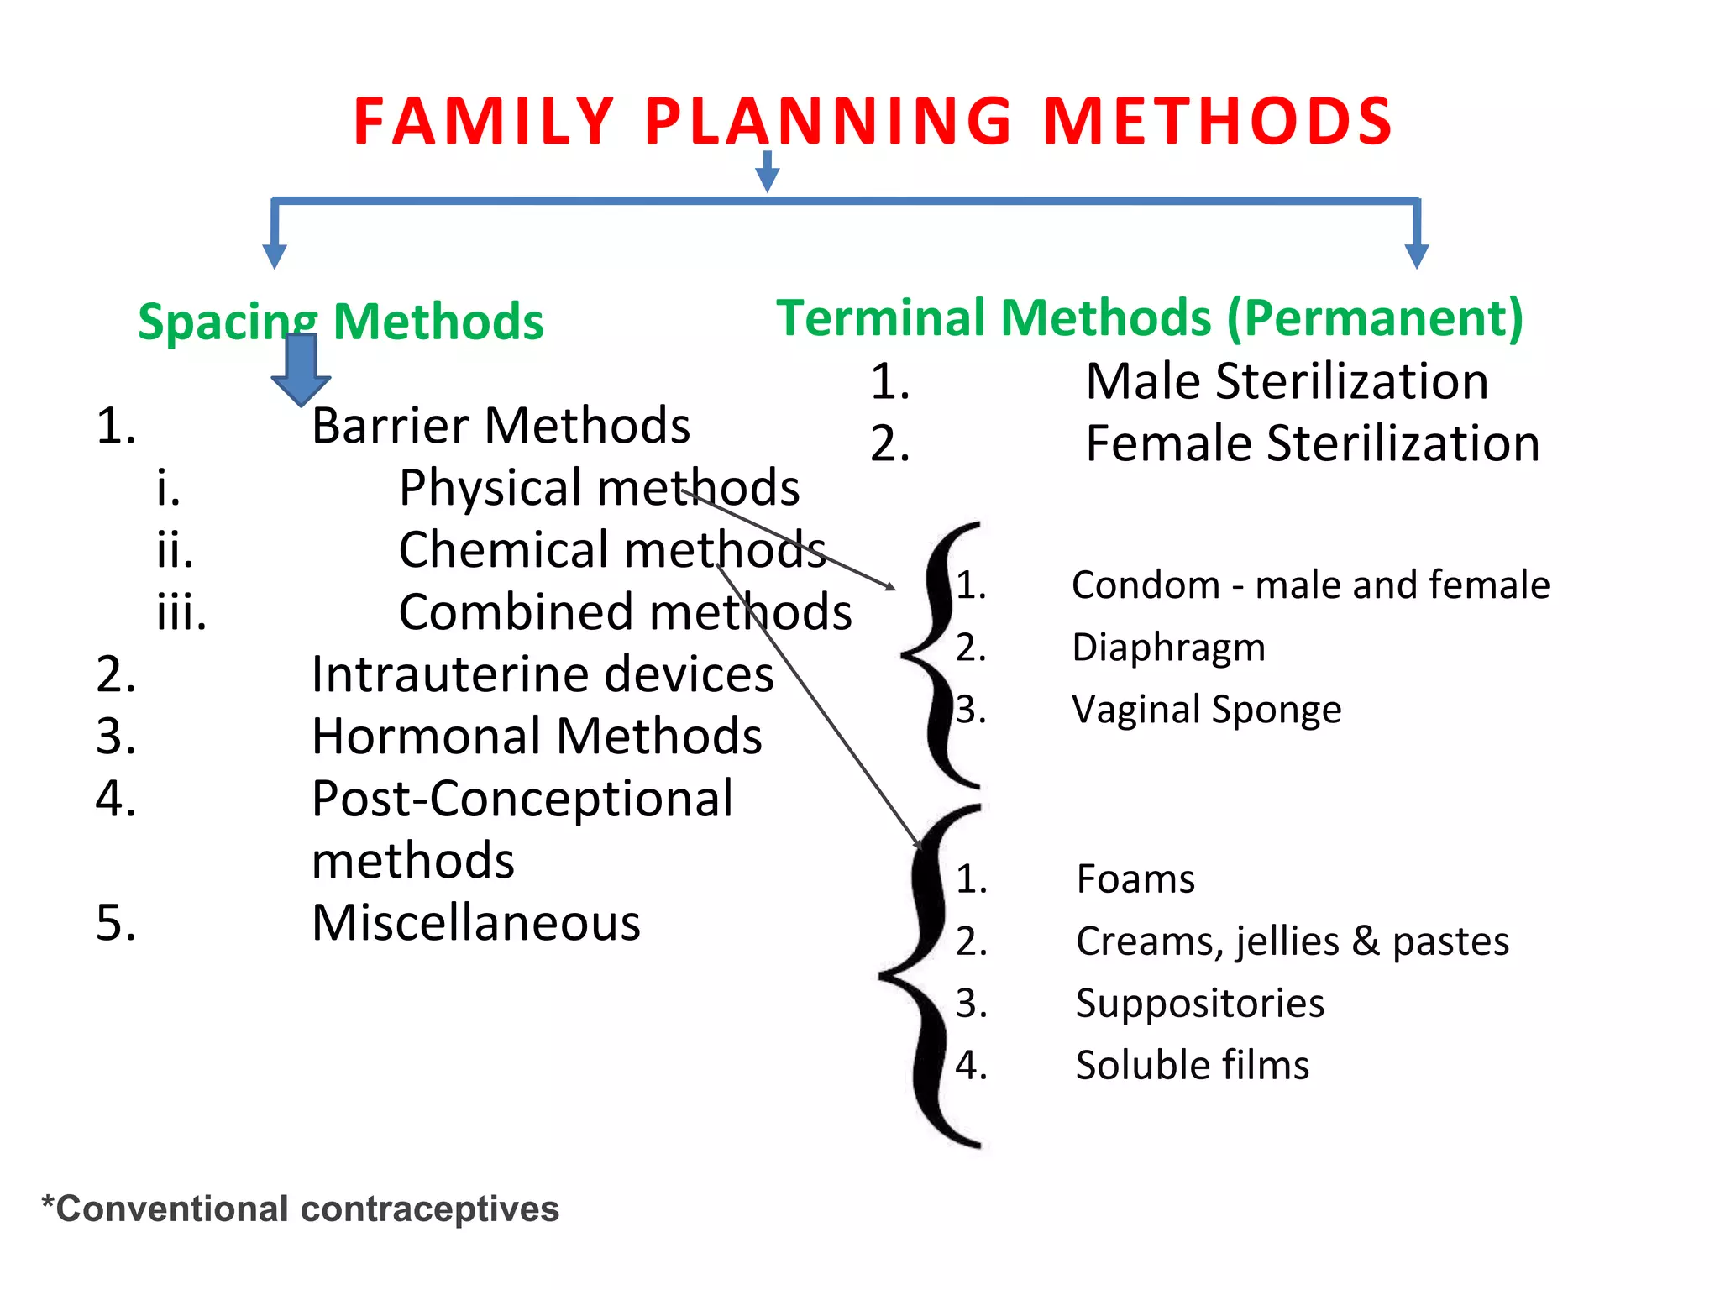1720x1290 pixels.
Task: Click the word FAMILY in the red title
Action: pos(484,122)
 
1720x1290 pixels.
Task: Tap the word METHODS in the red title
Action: pos(1218,122)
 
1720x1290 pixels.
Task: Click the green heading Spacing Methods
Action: pos(340,322)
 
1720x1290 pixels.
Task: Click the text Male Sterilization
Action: pos(1287,381)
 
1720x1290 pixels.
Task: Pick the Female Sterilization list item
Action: pos(1312,443)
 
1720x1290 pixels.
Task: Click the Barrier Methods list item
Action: pos(501,426)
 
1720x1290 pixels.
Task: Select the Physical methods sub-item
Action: pos(599,488)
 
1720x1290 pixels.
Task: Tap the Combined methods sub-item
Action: pos(625,612)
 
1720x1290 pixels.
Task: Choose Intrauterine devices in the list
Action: pos(543,674)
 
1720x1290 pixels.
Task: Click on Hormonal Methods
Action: pos(537,737)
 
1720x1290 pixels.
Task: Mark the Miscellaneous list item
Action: pos(476,923)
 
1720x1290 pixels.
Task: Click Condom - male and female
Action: pos(1310,585)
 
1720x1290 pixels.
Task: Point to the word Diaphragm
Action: pos(1168,648)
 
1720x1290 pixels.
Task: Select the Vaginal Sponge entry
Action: pos(1207,710)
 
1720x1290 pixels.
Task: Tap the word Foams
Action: pos(1135,879)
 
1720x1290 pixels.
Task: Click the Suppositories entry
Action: pos(1200,1004)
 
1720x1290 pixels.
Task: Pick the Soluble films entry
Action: pos(1193,1066)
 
